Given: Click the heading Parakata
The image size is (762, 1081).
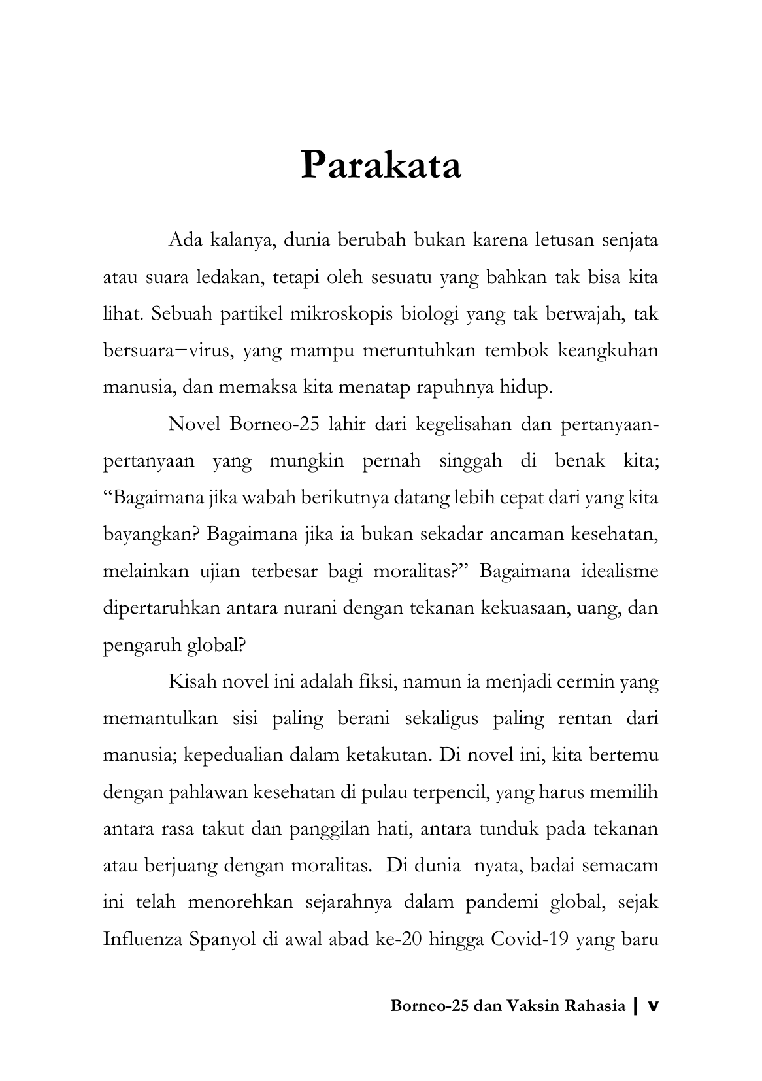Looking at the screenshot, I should [x=381, y=165].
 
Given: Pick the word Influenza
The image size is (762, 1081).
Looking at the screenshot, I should [x=141, y=939].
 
